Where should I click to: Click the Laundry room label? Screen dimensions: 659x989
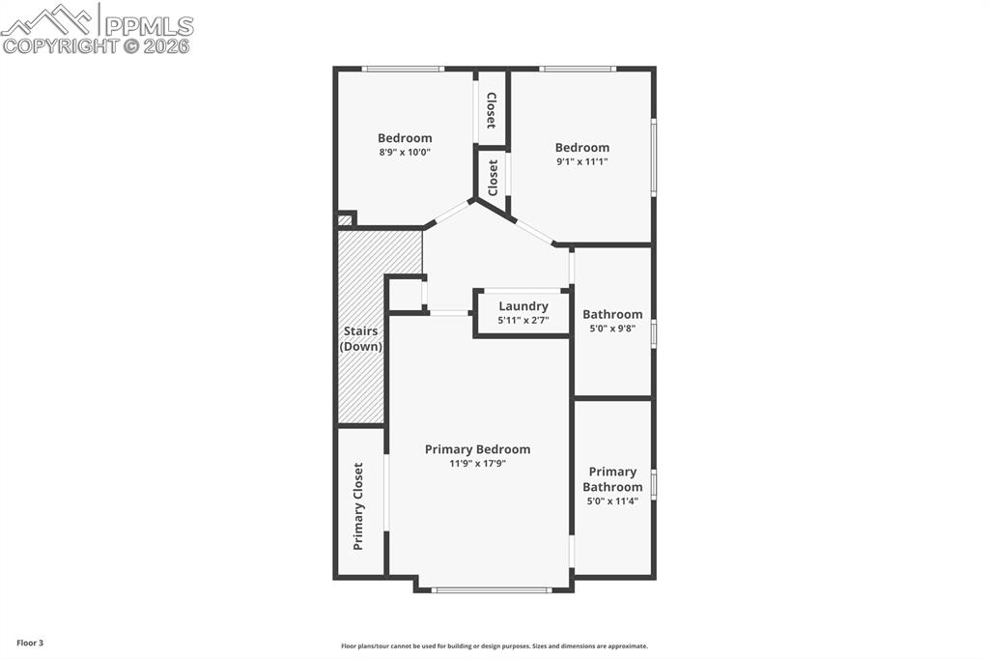click(523, 306)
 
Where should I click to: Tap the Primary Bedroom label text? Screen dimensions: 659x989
click(477, 449)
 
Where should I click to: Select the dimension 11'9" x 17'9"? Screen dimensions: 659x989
click(477, 463)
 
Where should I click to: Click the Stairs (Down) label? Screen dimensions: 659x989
click(360, 338)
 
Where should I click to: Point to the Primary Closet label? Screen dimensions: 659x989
click(358, 506)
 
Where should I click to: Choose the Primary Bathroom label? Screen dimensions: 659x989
click(612, 479)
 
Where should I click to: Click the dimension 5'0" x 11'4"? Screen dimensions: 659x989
click(612, 501)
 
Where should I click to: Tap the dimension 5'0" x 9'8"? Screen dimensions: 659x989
click(612, 329)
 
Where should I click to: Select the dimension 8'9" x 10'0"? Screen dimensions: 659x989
click(405, 152)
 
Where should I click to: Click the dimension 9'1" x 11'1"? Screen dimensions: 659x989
click(581, 161)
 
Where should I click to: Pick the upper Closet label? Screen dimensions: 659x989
click(492, 110)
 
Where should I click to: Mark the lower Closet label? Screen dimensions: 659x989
click(493, 178)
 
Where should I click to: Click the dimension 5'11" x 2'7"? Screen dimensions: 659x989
click(523, 320)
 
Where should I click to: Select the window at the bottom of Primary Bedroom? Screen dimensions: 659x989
click(492, 589)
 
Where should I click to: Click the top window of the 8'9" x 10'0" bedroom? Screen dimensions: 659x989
click(403, 69)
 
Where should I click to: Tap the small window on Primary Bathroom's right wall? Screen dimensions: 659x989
click(654, 483)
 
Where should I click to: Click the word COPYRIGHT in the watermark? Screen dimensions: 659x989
click(60, 45)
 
